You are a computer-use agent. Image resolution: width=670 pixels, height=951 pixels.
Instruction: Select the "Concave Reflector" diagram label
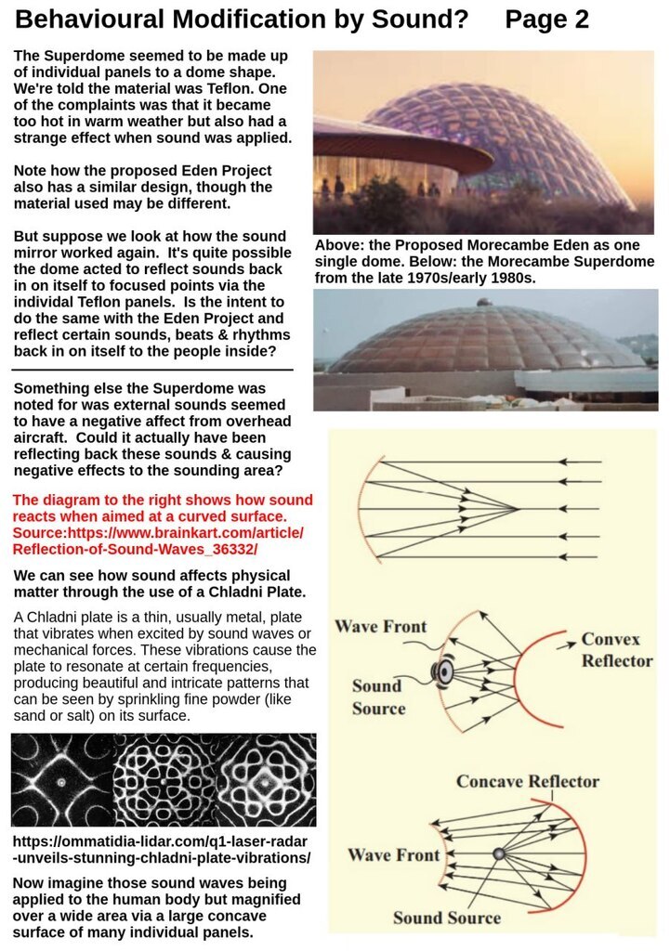point(527,781)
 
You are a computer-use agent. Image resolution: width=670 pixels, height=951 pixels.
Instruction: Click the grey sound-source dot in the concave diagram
point(499,853)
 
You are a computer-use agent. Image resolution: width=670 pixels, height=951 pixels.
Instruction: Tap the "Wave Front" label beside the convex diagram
point(380,626)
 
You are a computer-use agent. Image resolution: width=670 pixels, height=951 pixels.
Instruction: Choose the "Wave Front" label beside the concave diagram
point(394,854)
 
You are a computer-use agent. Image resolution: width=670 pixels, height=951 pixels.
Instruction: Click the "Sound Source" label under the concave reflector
point(446,918)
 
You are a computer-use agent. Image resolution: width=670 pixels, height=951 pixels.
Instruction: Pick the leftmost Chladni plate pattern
point(61,780)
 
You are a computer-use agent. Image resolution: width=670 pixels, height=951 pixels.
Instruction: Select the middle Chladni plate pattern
point(164,780)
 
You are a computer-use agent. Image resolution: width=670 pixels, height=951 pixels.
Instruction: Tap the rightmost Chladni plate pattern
point(265,780)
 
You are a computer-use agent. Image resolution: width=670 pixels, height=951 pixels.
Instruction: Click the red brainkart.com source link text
point(158,533)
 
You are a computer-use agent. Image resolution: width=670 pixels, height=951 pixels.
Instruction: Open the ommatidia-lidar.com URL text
point(163,849)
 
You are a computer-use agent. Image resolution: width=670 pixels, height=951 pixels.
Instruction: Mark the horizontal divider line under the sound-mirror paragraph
point(153,369)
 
